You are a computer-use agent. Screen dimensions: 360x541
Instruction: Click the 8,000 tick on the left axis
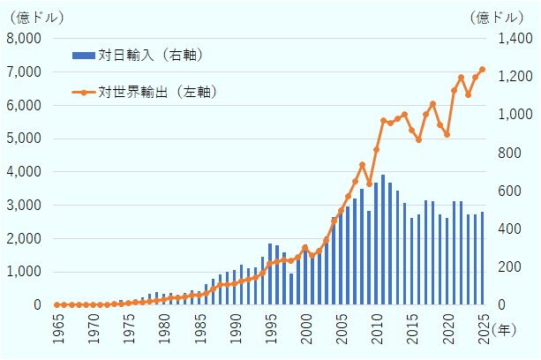[25, 39]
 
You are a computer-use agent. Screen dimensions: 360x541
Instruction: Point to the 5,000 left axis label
[25, 139]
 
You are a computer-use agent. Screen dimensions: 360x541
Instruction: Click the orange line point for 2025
[482, 70]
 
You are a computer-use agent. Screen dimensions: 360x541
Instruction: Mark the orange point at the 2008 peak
[362, 165]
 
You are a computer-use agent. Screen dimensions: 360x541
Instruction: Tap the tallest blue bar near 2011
[383, 240]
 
